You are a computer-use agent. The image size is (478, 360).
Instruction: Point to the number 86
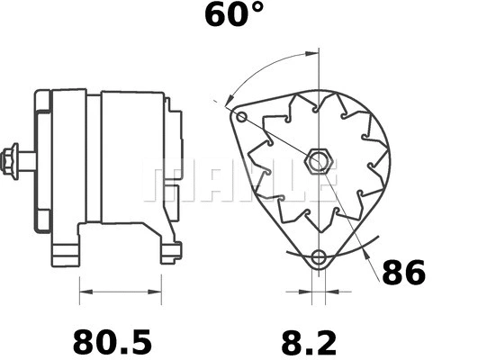(x=402, y=272)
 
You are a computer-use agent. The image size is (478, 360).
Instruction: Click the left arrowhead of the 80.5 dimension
(x=84, y=292)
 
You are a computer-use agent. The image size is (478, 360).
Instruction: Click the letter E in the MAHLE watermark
(x=318, y=181)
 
